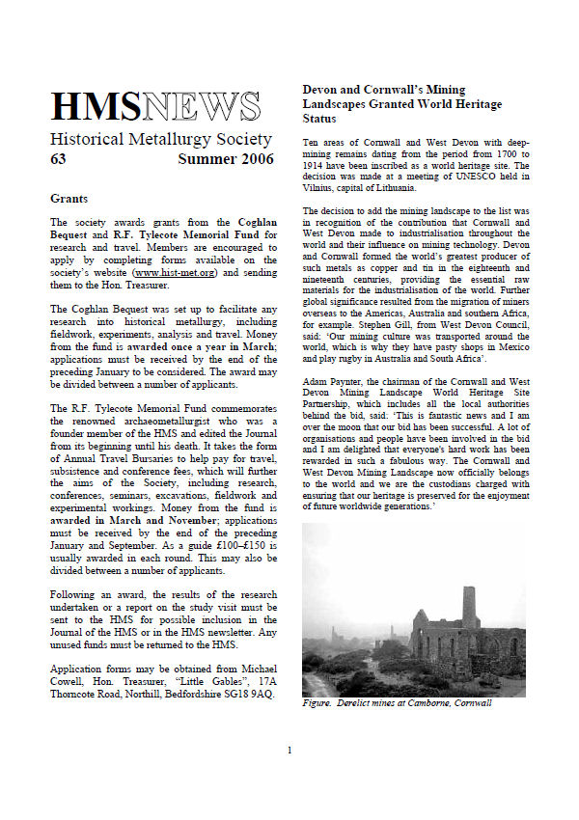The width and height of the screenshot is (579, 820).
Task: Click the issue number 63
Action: [58, 159]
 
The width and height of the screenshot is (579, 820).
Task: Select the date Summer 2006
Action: [225, 159]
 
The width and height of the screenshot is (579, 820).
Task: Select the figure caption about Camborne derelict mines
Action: [397, 702]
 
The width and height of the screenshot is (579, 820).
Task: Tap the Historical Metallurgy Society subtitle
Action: [160, 139]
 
